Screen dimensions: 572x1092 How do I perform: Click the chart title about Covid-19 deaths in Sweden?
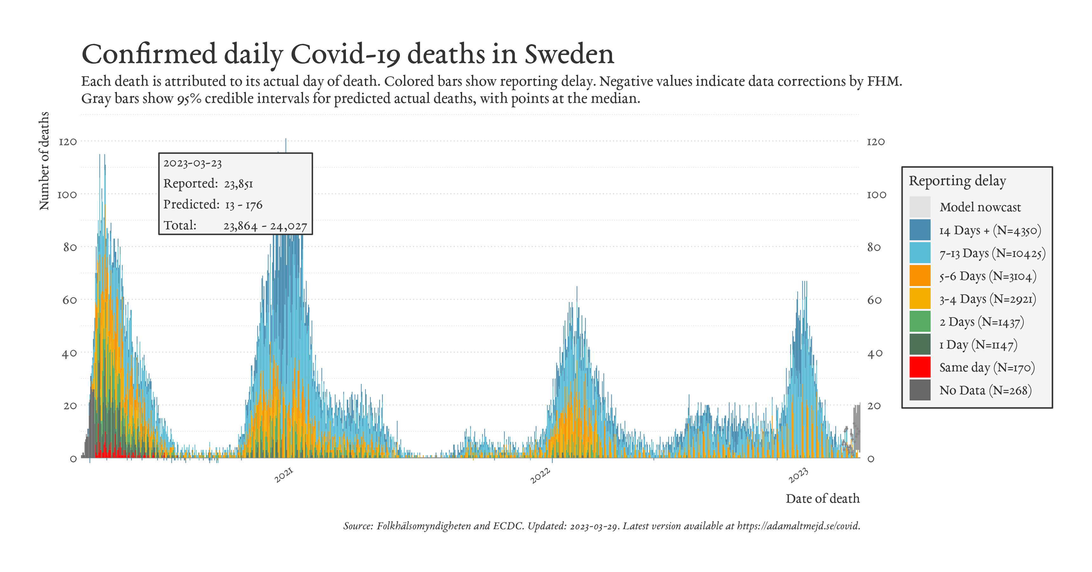pos(347,54)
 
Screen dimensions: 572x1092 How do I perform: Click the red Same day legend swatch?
pos(920,367)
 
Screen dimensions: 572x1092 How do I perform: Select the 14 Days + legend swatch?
pos(920,230)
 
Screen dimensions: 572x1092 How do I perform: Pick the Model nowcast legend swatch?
pos(920,207)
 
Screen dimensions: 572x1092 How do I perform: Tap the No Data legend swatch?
pos(920,390)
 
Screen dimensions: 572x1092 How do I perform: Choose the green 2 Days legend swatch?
pos(920,321)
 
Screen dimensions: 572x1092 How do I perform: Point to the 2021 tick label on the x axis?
pos(284,475)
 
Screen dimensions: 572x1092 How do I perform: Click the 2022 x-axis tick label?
pos(540,475)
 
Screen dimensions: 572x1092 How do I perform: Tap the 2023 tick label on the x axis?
pos(798,475)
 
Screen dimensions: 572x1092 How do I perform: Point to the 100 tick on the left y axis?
pos(67,194)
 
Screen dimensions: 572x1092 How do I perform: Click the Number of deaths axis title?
pos(44,161)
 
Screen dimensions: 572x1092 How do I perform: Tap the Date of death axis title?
pos(822,499)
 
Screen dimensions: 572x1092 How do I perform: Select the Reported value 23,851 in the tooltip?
pos(238,184)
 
